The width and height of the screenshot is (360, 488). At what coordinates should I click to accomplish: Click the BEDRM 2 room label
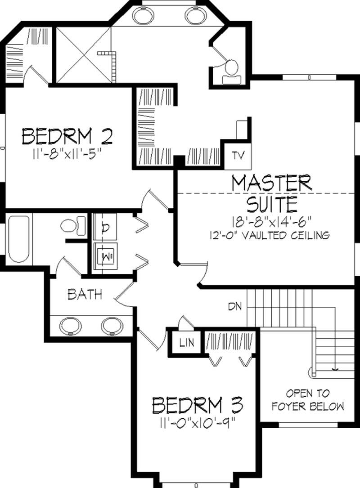coord(67,136)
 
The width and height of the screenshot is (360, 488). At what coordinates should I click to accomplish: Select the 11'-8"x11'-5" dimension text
coord(66,154)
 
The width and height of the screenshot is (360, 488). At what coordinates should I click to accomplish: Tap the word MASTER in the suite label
coord(271,183)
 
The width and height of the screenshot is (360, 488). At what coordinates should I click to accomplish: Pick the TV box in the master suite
coord(237,156)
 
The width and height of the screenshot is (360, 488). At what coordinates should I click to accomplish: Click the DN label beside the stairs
coord(234,307)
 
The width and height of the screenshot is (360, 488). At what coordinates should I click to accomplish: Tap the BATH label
coord(84,295)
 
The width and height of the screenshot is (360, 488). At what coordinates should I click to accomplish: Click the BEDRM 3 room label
coord(198,406)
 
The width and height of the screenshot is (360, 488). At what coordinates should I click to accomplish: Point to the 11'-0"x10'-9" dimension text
coord(197,423)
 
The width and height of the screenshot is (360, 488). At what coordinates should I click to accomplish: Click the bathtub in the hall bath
coord(18,239)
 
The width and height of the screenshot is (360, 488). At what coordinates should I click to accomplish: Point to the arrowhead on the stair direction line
coord(334,369)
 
